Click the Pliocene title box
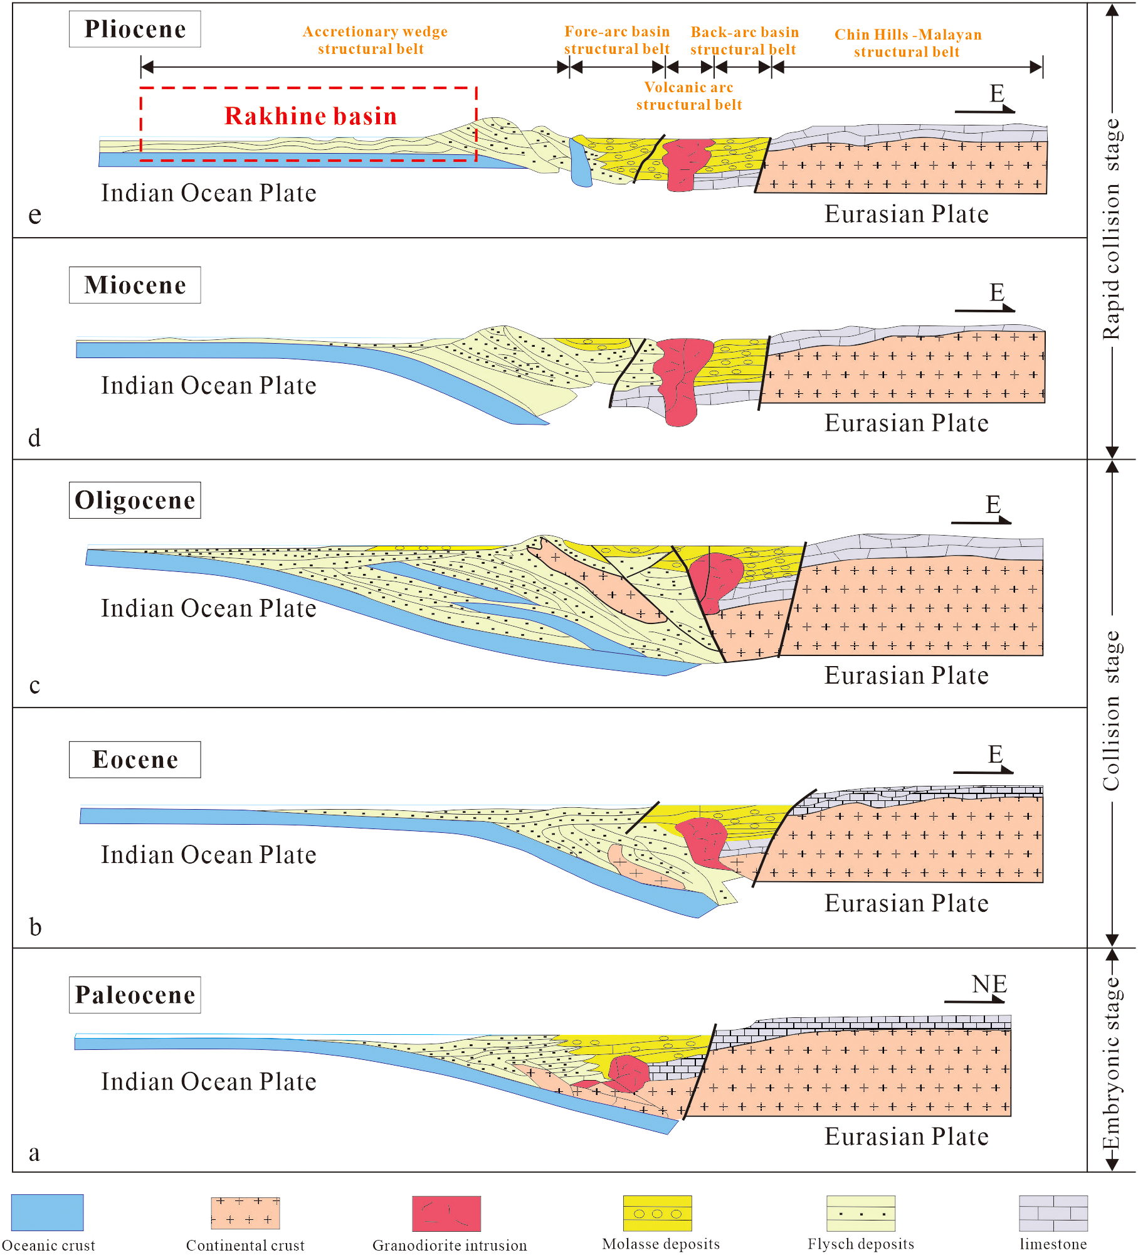135,29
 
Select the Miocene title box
135,285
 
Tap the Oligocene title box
135,500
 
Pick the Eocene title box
135,760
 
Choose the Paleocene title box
135,995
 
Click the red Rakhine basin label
310,116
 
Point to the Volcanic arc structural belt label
688,96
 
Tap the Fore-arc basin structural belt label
617,40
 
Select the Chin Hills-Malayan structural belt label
907,43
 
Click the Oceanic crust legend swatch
47,1212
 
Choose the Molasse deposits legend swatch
657,1213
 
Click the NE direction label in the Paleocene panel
989,985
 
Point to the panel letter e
35,214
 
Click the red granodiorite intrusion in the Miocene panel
680,376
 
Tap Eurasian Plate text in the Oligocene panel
906,675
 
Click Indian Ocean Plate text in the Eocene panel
209,855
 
